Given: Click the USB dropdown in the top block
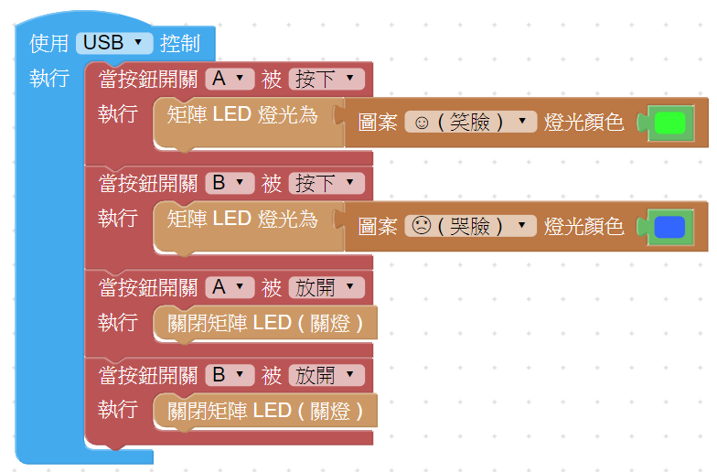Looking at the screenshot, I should pyautogui.click(x=114, y=42).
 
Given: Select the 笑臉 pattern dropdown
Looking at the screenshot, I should pyautogui.click(x=470, y=122).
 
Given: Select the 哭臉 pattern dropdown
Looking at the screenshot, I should pyautogui.click(x=470, y=226).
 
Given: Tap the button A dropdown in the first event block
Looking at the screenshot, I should pyautogui.click(x=230, y=80).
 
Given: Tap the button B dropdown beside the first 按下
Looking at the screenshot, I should pyautogui.click(x=230, y=183).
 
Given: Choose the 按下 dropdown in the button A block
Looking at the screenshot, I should pyautogui.click(x=326, y=80).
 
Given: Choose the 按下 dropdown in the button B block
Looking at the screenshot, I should pyautogui.click(x=326, y=183).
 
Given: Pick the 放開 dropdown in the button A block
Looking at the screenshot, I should pyautogui.click(x=326, y=287).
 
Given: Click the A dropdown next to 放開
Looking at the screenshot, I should pyautogui.click(x=230, y=287).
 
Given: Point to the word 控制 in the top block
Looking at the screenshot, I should pyautogui.click(x=179, y=42).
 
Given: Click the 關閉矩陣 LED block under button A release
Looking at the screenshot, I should pyautogui.click(x=265, y=323).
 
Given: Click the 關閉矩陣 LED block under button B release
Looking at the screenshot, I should pyautogui.click(x=265, y=410).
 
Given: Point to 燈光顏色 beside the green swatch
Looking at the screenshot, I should pyautogui.click(x=583, y=123).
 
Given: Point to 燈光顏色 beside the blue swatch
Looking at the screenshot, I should pyautogui.click(x=583, y=226).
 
